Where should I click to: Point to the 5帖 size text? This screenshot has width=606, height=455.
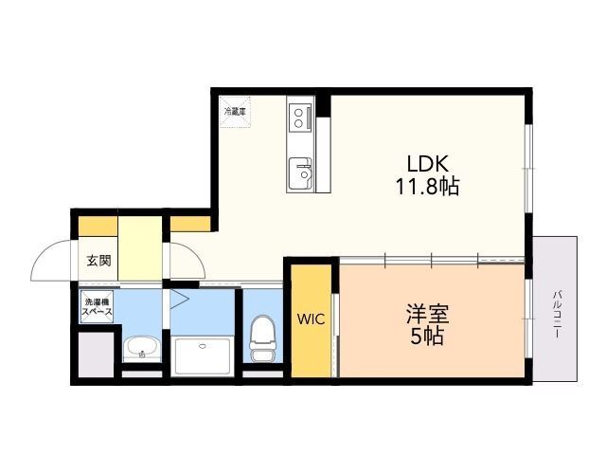click(x=427, y=337)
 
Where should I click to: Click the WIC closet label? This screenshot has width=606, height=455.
click(x=312, y=319)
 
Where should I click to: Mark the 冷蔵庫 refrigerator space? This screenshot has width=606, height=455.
click(x=234, y=110)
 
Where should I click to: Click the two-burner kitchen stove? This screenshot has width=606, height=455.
click(x=301, y=116)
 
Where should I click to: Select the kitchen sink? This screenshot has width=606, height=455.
click(x=302, y=172)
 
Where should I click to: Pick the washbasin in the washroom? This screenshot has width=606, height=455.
click(x=142, y=347)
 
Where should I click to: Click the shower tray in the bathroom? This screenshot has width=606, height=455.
click(x=200, y=354)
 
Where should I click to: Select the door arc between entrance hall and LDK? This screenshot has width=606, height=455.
click(x=186, y=257)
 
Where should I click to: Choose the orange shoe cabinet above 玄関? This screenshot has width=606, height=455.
click(x=98, y=227)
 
